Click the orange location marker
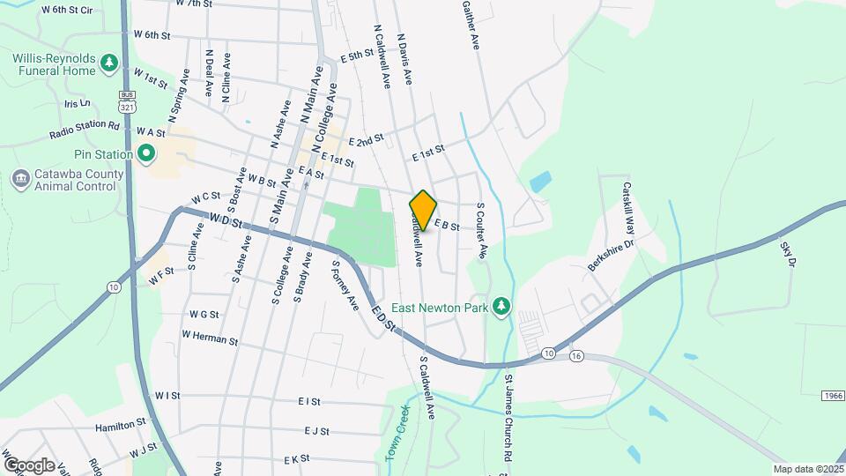pos(423,211)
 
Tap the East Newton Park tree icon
pos(501,306)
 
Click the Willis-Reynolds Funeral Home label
pos(53,63)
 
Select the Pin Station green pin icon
pos(146,155)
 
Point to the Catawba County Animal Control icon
pos(19,179)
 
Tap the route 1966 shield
pos(834,395)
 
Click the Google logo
pos(29,465)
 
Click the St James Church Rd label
pos(508,419)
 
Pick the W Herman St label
pos(210,336)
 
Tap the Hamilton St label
pos(121,424)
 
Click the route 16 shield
pos(576,356)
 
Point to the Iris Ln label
pos(78,103)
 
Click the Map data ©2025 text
pos(807,469)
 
